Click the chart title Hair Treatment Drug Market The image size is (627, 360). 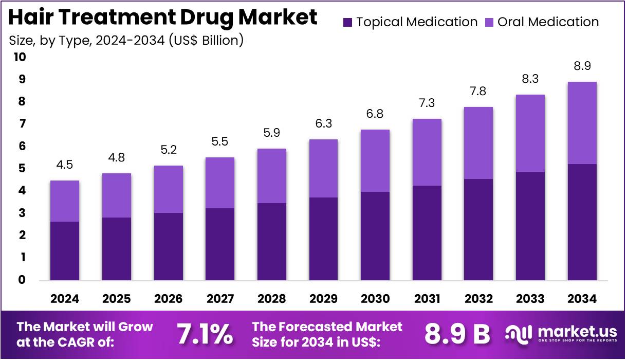point(163,18)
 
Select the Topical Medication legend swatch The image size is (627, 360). point(348,22)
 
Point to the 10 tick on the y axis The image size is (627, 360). point(20,57)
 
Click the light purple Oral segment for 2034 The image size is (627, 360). point(582,123)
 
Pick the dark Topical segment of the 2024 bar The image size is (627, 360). point(65,251)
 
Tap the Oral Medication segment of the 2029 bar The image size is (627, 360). point(323,168)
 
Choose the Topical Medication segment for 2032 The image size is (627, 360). point(478,229)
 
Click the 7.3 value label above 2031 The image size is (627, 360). point(427,103)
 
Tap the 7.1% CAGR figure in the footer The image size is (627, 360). point(205,334)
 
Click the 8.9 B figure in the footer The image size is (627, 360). point(457,334)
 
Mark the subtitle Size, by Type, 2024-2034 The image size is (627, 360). point(126,40)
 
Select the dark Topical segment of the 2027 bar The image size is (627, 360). point(220,244)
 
